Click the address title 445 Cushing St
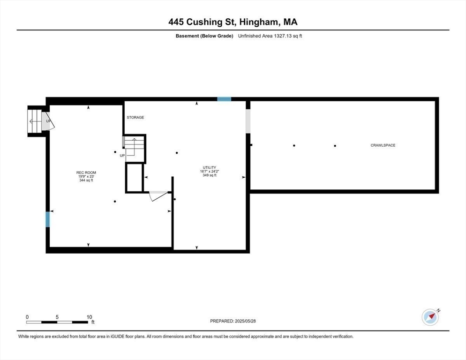(233, 22)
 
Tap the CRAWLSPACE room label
(383, 145)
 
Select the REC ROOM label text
(86, 172)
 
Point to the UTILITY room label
(209, 167)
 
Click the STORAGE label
(135, 117)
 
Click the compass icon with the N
(430, 317)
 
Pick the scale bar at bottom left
(58, 322)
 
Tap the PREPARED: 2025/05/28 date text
(233, 321)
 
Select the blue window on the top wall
(224, 99)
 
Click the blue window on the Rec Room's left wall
(47, 219)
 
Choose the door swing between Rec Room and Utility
(158, 195)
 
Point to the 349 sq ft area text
(209, 175)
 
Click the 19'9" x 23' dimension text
(86, 176)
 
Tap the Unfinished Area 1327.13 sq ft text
(270, 36)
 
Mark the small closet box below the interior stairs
(134, 178)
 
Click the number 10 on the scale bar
(89, 317)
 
